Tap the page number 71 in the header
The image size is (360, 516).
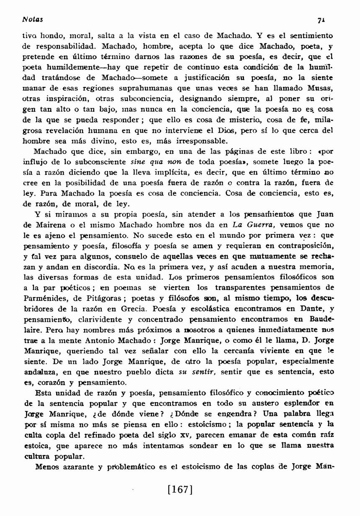tap(322, 20)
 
